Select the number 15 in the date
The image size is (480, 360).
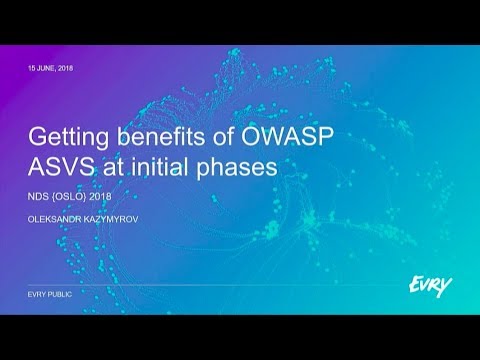(30, 67)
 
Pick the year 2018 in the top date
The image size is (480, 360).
(66, 67)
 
